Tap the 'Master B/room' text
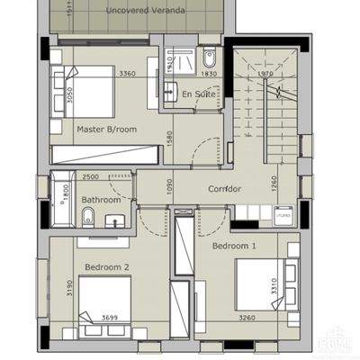coord(106,130)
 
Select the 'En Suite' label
coord(198,94)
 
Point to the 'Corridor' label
coord(225,189)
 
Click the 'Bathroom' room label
coord(101,200)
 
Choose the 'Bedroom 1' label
coord(234,245)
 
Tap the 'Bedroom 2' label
coord(107,267)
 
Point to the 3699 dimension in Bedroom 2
coord(108,318)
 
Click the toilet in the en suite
coord(209,53)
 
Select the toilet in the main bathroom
coord(89,216)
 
